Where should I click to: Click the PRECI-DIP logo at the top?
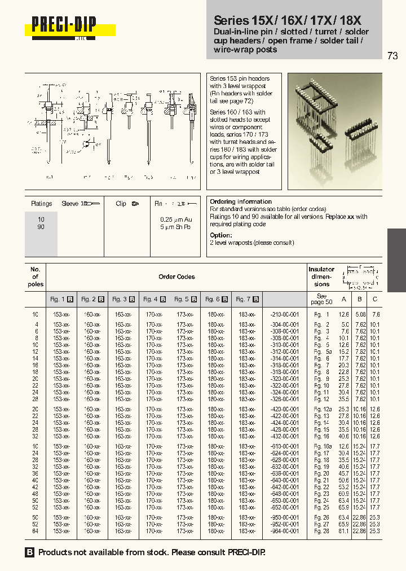tap(64, 25)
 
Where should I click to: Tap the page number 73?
tap(392, 55)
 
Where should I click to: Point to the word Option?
tap(220, 235)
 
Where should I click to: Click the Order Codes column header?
tap(176, 276)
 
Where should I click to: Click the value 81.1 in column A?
tap(343, 531)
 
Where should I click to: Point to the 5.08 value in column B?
tap(360, 314)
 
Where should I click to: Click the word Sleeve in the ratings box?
tap(70, 204)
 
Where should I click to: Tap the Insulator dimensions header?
tap(321, 276)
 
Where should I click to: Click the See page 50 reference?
tap(321, 299)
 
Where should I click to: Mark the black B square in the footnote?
tap(30, 553)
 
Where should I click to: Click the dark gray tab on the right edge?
tap(396, 260)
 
